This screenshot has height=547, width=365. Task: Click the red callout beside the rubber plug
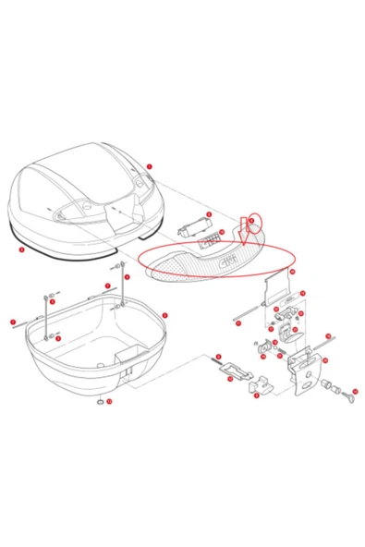[x=109, y=402]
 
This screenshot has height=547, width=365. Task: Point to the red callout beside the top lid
[x=149, y=166]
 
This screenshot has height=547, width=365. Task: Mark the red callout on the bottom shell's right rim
[x=164, y=315]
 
